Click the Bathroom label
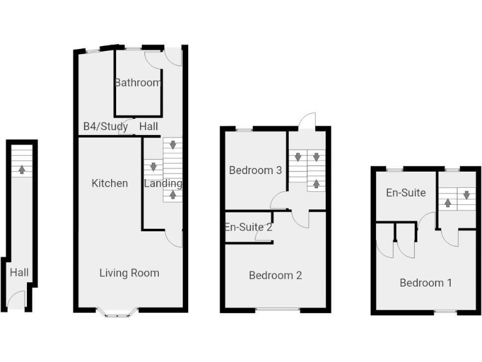(x=137, y=82)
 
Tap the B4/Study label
(x=105, y=126)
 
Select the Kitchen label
(x=110, y=184)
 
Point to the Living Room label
(x=129, y=273)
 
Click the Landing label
(x=163, y=184)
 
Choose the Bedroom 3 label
(x=255, y=170)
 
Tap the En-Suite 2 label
(x=249, y=228)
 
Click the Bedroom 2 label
(x=276, y=275)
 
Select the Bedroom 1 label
(x=426, y=283)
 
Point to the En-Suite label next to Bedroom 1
(x=406, y=193)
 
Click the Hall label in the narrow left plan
(x=19, y=273)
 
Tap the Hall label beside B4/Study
(x=149, y=126)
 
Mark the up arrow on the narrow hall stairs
(x=23, y=169)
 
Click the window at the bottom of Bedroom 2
(x=275, y=309)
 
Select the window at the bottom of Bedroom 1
(x=446, y=312)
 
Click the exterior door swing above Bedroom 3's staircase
(x=306, y=121)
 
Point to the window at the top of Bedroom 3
(x=245, y=129)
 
